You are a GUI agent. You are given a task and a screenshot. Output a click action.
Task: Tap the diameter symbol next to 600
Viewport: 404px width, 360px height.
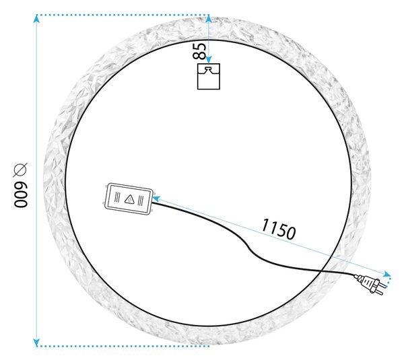[20, 170]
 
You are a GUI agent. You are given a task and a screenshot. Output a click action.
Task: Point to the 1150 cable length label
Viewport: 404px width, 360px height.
[278, 229]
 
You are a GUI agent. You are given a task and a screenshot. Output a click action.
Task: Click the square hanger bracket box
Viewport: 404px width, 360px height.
[209, 77]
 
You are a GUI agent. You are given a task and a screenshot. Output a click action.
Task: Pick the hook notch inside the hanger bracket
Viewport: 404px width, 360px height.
[209, 69]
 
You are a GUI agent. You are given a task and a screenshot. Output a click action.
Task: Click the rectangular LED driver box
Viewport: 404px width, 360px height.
[129, 199]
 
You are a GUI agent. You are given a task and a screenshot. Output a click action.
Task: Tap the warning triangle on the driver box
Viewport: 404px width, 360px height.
[129, 199]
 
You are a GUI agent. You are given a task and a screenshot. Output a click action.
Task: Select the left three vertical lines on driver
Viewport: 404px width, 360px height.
[117, 197]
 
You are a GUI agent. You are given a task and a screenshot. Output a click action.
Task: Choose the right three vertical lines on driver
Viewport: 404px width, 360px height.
[141, 201]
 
